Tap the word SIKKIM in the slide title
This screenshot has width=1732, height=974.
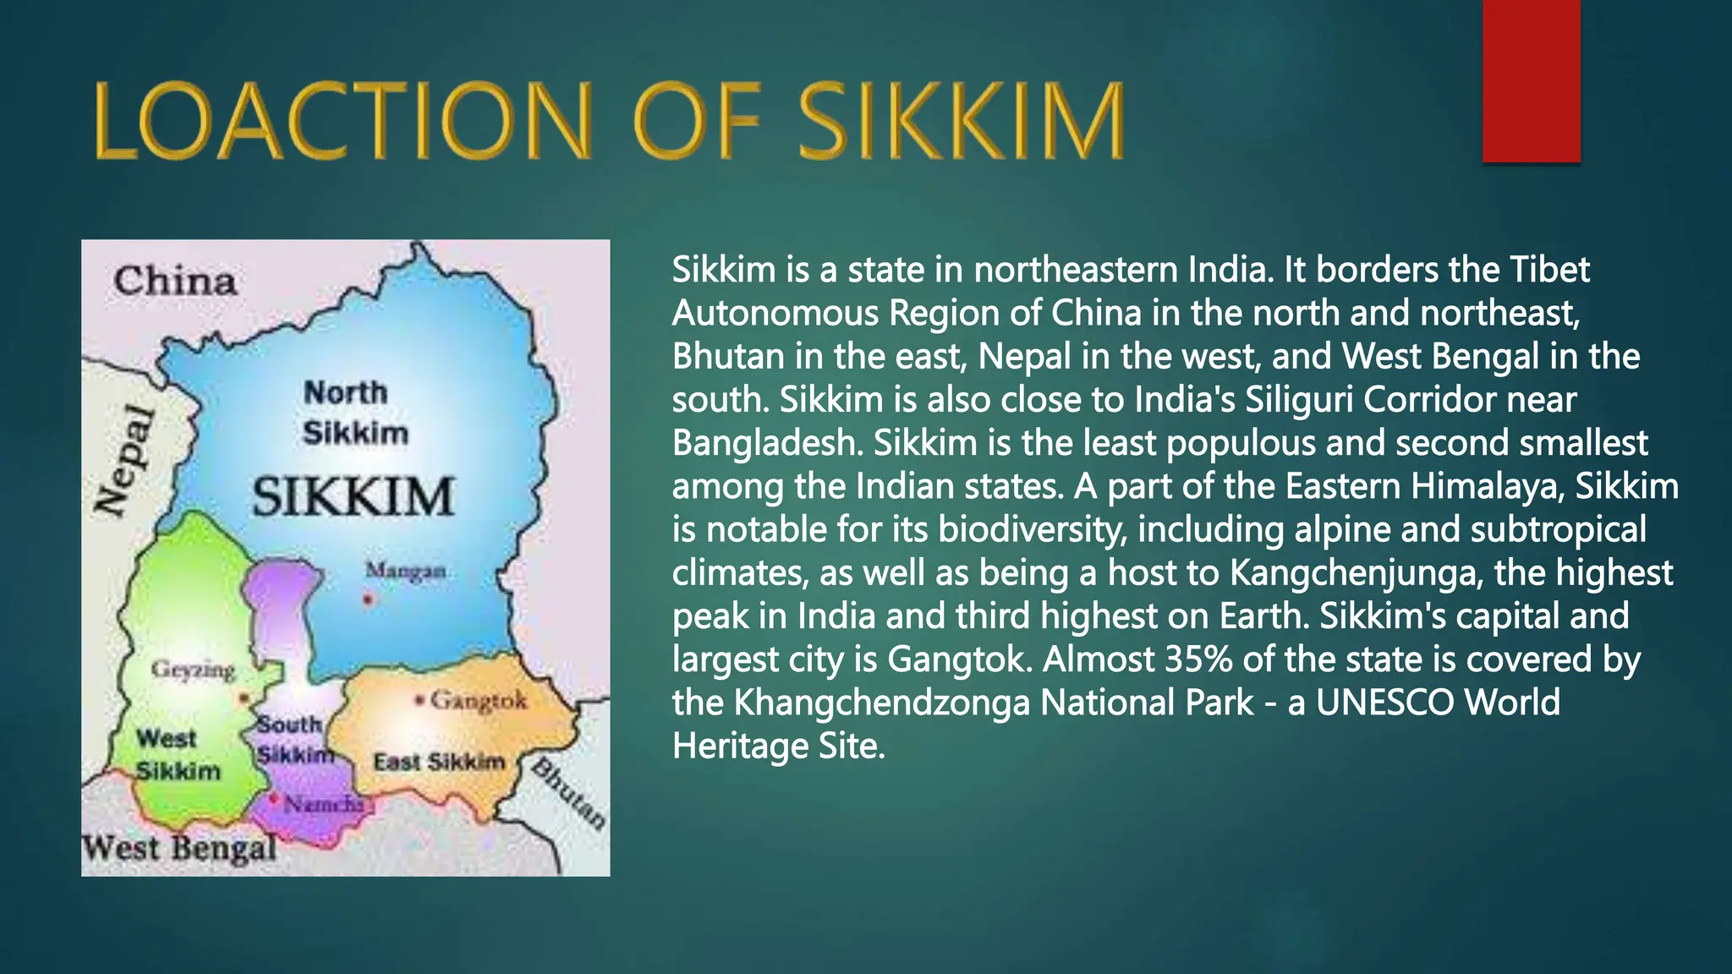coord(962,121)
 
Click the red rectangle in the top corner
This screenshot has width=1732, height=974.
coord(1531,81)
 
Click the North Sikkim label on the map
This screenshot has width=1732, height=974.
coord(355,413)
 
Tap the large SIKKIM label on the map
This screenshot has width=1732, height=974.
coord(354,496)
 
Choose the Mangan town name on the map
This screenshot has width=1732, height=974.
coord(405,572)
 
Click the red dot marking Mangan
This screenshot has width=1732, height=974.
coord(368,599)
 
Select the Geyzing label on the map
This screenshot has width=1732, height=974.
coord(193,670)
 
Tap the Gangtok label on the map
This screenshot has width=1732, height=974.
coord(479,700)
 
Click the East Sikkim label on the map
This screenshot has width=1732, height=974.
coord(439,762)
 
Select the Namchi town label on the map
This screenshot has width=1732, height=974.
coord(323,804)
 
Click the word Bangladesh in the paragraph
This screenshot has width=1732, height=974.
coord(767,443)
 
